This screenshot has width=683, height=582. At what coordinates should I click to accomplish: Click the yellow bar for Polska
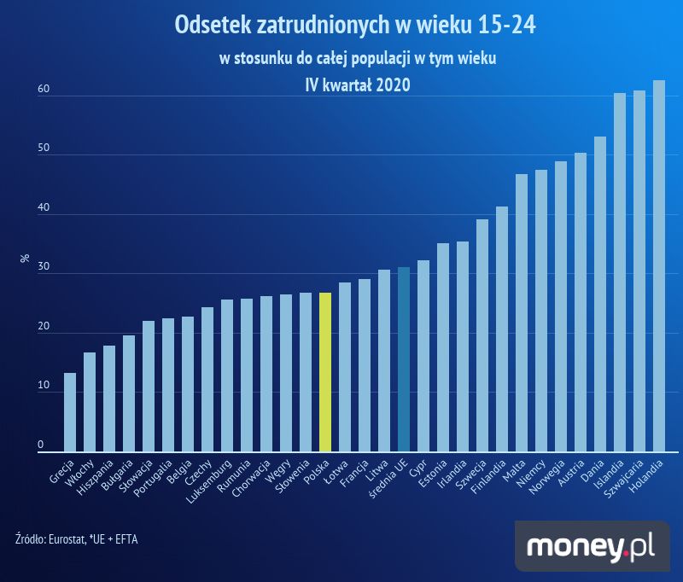coord(324,371)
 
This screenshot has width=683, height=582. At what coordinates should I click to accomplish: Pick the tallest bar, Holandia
coord(658,265)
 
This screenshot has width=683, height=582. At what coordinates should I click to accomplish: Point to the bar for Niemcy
coord(541,311)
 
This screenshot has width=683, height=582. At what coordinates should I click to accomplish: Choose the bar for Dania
coord(600,294)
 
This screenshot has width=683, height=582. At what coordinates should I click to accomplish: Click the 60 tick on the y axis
coord(42,89)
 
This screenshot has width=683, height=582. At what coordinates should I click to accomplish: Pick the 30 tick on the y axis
coord(42,267)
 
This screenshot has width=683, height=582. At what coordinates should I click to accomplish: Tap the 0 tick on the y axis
coord(40,445)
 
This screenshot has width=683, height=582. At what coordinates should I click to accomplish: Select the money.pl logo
coord(591,545)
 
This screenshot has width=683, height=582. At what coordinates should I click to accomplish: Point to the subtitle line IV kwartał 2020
coord(358,84)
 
